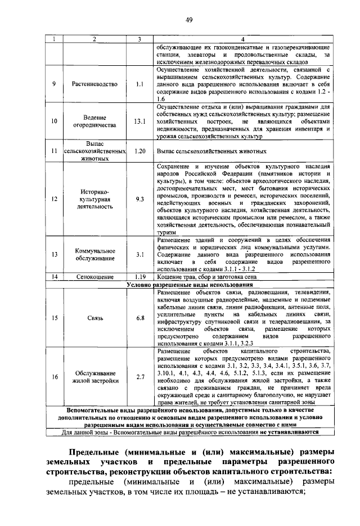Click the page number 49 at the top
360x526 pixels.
point(190,21)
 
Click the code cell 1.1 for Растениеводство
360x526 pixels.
point(140,84)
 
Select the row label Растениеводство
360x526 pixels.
point(94,84)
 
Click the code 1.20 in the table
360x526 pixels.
point(140,151)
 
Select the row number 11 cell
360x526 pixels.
point(54,151)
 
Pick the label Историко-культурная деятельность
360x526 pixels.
point(94,199)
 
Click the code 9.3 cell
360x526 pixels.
point(140,199)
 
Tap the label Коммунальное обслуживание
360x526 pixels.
point(94,254)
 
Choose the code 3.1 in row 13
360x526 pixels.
point(140,254)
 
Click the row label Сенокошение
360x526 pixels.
point(94,277)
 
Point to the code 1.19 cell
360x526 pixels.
point(140,277)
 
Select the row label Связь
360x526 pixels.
point(94,318)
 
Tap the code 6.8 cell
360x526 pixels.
point(140,318)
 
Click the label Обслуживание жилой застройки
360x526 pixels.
point(94,377)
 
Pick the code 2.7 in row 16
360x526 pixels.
point(140,377)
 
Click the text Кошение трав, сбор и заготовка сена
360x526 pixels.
point(207,277)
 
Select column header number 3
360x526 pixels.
point(140,39)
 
